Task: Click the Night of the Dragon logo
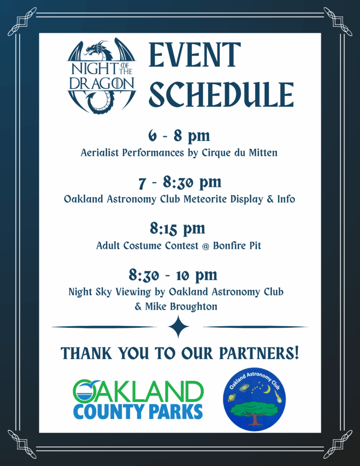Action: (x=101, y=76)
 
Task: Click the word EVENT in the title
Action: (x=194, y=55)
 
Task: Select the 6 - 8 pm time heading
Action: (x=179, y=136)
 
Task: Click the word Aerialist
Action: (x=100, y=153)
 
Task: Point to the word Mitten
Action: (x=263, y=153)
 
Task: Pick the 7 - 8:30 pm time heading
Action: (x=180, y=182)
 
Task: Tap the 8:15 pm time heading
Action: (x=177, y=228)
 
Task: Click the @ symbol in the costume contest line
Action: (x=205, y=246)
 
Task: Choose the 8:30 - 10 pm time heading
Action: (x=173, y=275)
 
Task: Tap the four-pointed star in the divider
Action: (x=178, y=327)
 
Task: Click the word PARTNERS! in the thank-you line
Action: (x=259, y=353)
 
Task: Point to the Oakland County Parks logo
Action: (x=138, y=400)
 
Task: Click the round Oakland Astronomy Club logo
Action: (x=254, y=399)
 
